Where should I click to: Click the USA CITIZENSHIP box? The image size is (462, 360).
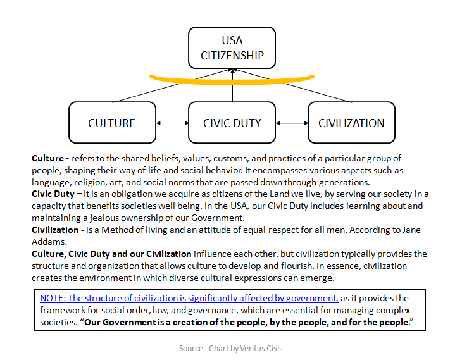click(232, 48)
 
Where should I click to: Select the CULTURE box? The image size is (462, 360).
click(112, 123)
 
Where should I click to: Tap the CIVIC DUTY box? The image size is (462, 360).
click(232, 123)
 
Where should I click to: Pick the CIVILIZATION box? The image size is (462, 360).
click(351, 123)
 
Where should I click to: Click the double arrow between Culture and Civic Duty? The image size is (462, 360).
click(172, 123)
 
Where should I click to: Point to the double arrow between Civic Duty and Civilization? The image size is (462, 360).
click(292, 123)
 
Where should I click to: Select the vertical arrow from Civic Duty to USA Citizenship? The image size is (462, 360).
click(232, 92)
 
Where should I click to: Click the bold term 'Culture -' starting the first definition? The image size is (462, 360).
click(50, 158)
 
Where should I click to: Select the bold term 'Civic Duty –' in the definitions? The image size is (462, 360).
click(56, 194)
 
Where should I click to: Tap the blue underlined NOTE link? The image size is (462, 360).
click(189, 297)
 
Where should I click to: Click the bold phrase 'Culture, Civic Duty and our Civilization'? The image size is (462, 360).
click(111, 254)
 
